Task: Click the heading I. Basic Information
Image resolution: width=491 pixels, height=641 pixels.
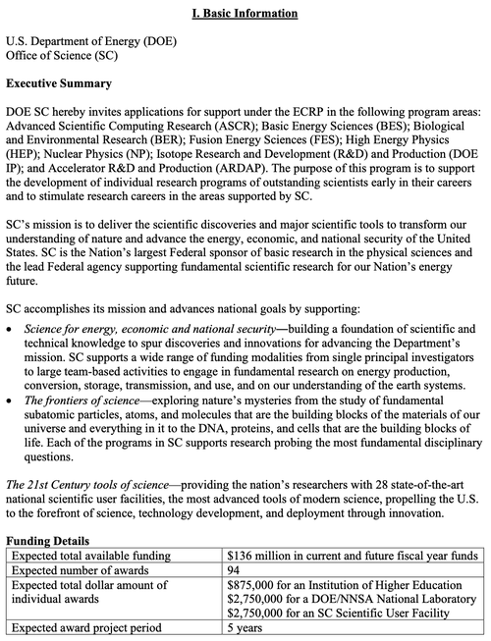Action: [245, 14]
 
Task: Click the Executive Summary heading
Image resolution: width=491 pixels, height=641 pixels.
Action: [61, 83]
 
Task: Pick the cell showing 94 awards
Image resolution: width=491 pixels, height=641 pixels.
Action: [234, 570]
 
